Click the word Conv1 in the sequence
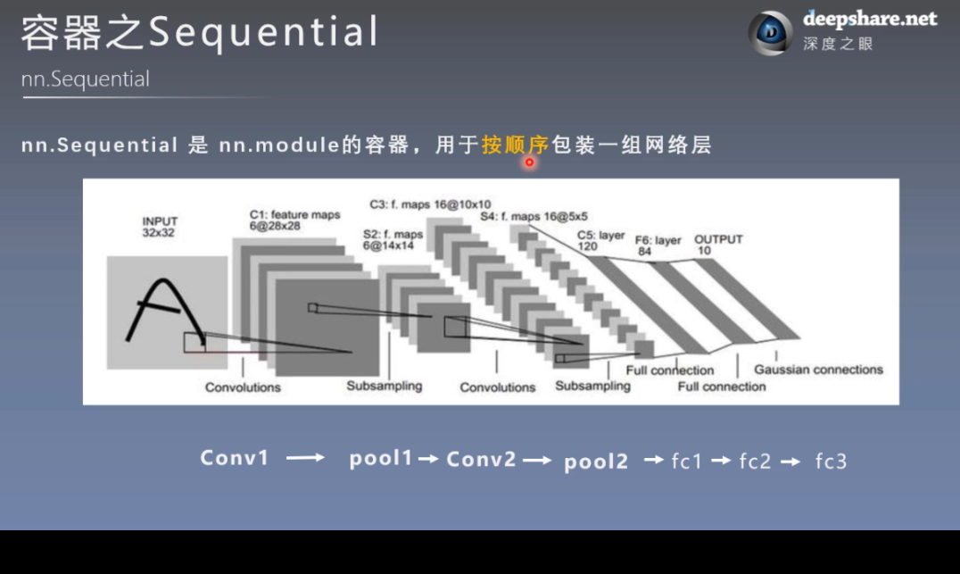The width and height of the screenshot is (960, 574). (234, 458)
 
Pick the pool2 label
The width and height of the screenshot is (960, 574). (596, 461)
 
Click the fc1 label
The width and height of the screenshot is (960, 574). (687, 461)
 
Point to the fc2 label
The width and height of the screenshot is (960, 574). (755, 461)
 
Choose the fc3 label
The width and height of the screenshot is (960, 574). (831, 461)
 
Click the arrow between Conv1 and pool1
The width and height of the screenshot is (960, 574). (305, 458)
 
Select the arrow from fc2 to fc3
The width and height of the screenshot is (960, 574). (790, 461)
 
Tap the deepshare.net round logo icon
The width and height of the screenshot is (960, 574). (769, 33)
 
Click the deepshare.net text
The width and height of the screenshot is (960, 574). (870, 19)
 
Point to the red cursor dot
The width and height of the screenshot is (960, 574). (529, 162)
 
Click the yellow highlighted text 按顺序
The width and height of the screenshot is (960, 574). (514, 145)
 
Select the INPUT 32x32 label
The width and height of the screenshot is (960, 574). (160, 226)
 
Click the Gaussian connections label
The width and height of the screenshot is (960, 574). (818, 370)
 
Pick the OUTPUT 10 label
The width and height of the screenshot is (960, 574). (718, 245)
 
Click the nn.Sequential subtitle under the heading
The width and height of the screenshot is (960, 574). (86, 79)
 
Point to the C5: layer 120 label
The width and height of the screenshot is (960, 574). (600, 240)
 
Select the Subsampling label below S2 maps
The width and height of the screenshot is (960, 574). (384, 386)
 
